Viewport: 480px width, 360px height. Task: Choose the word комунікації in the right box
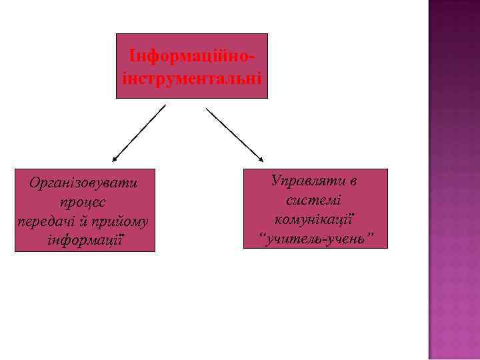coord(314,219)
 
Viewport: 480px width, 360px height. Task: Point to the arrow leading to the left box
coord(139,133)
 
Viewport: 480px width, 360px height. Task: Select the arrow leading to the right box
coord(235,133)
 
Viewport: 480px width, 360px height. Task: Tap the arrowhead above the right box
coord(261,159)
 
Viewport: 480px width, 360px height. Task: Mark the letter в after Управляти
coord(353,180)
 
